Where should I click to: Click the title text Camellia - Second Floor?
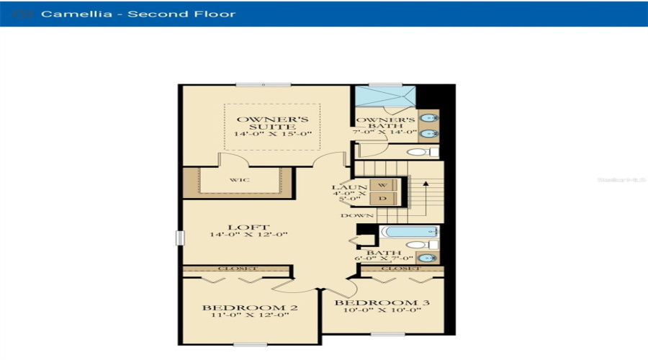(138, 14)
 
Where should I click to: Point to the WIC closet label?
(240, 179)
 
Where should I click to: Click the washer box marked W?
(383, 185)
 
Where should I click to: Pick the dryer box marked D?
(383, 199)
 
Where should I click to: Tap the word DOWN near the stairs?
(358, 215)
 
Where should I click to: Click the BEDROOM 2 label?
(250, 308)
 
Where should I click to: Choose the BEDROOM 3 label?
(382, 303)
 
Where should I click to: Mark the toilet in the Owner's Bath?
(422, 153)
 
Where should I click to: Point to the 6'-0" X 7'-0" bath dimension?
(384, 258)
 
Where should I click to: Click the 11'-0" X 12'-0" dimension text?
(250, 316)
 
